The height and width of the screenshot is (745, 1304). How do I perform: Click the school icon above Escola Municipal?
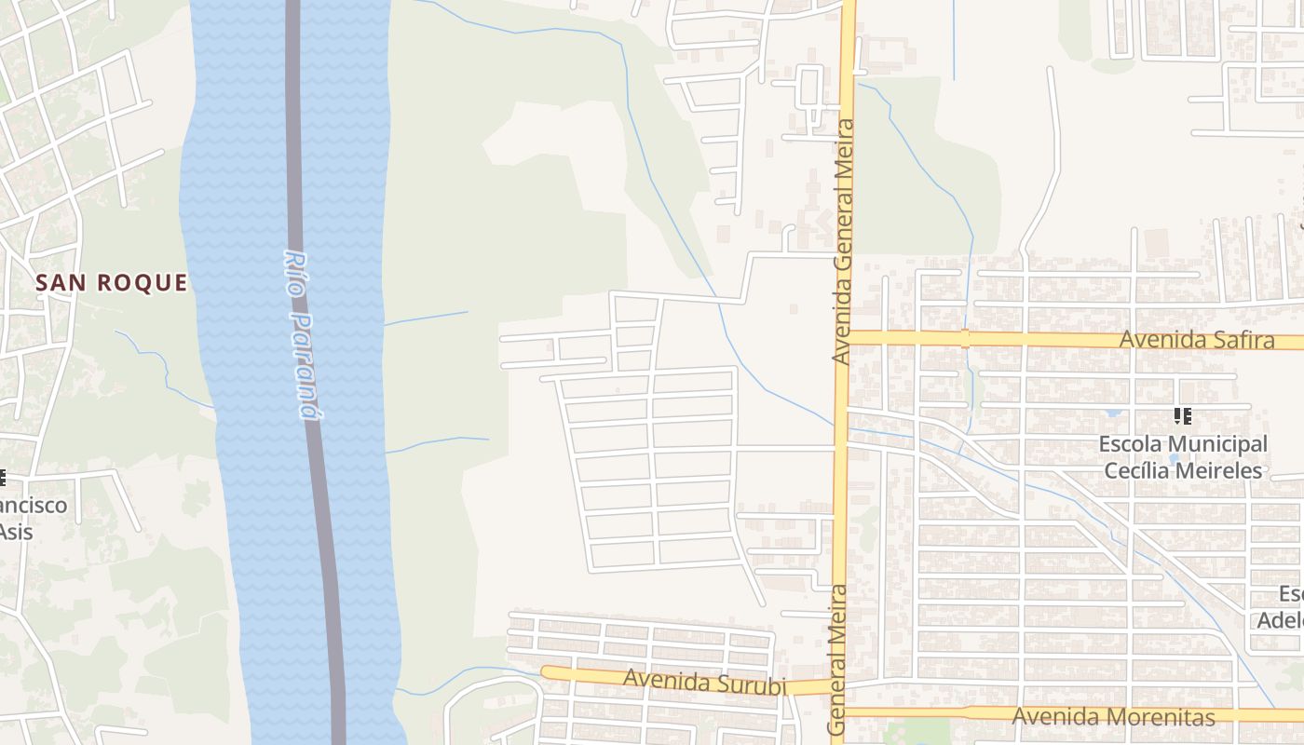pyautogui.click(x=1183, y=416)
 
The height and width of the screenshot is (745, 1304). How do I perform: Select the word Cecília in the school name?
pyautogui.click(x=1139, y=470)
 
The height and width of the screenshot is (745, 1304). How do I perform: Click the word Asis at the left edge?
pyautogui.click(x=15, y=532)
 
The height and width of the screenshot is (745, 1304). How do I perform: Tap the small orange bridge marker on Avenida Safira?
pyautogui.click(x=965, y=338)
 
